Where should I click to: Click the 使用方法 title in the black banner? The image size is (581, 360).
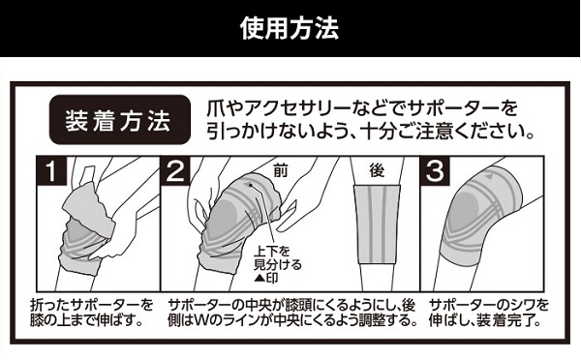click(x=290, y=28)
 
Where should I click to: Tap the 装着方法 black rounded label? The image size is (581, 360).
click(x=120, y=120)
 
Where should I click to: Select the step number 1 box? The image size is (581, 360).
click(x=50, y=170)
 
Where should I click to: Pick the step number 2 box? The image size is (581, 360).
click(x=175, y=170)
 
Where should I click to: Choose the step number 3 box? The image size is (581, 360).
click(x=435, y=170)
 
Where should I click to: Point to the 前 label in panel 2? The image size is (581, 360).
click(x=281, y=170)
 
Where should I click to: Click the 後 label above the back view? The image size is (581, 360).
click(x=377, y=170)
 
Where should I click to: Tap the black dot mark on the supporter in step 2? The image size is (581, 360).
click(x=251, y=185)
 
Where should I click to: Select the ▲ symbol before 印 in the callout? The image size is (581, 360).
click(x=260, y=278)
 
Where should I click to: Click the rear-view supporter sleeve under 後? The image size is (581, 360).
click(x=377, y=225)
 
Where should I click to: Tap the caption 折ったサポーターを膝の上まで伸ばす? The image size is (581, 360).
click(x=92, y=313)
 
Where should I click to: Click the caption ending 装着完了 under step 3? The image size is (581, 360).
click(x=488, y=313)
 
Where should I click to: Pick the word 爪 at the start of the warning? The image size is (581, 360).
click(x=215, y=108)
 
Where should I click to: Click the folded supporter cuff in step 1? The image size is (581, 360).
click(x=89, y=211)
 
